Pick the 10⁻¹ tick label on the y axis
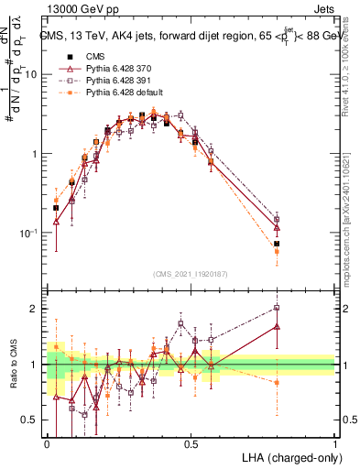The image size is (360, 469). [27, 234]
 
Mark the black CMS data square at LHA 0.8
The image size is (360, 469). [277, 244]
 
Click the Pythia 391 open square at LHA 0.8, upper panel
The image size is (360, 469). [277, 220]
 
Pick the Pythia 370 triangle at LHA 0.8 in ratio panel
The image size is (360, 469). [277, 326]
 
